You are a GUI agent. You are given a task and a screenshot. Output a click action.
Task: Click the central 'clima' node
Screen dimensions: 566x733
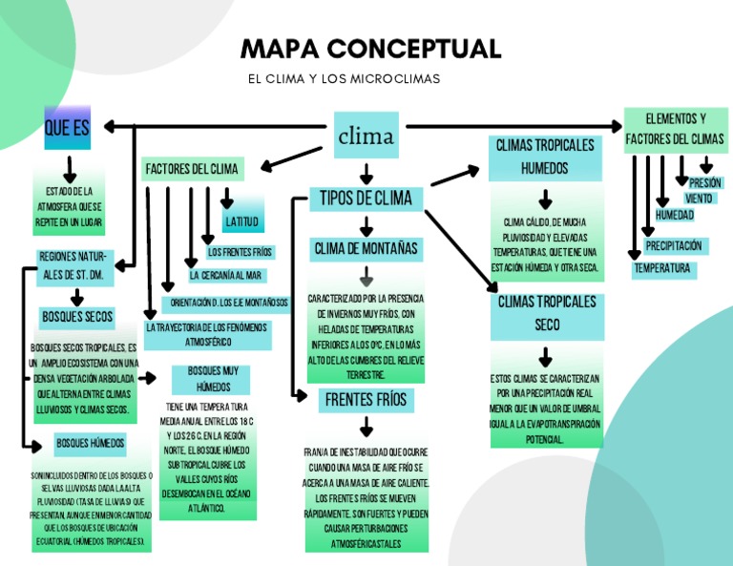(x=366, y=136)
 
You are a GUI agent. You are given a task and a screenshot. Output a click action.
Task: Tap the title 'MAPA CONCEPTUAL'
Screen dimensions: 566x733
(x=370, y=49)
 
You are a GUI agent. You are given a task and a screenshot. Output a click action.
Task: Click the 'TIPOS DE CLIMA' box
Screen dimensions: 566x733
(x=366, y=198)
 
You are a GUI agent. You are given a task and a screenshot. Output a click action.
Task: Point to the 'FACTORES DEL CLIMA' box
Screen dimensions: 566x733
(x=192, y=169)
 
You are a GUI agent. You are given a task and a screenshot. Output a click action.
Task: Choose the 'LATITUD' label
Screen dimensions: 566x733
(x=241, y=221)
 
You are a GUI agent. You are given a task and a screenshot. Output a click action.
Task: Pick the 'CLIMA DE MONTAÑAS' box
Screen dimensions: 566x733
(x=366, y=249)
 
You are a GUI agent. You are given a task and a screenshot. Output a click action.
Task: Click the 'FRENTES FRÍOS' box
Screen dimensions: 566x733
(x=366, y=399)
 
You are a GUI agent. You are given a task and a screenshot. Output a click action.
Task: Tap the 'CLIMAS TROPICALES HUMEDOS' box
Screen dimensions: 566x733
(x=545, y=157)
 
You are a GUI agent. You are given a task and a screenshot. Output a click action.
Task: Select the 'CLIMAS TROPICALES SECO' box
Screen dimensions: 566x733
(x=547, y=314)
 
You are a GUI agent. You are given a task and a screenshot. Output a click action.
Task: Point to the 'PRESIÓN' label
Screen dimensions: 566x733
(x=705, y=182)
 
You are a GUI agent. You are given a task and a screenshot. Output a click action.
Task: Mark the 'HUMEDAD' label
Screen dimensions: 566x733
(x=674, y=215)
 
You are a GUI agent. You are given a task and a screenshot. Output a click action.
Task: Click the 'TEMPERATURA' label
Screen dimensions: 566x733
(x=662, y=269)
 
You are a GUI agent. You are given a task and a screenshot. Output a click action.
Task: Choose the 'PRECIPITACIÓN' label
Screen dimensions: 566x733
(x=674, y=246)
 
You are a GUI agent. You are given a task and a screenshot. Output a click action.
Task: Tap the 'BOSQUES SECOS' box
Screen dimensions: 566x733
(x=77, y=316)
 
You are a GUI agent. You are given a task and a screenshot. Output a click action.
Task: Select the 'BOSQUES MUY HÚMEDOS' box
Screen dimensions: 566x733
(x=212, y=379)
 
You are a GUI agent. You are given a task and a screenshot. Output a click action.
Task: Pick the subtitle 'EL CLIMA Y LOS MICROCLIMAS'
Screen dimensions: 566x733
(x=344, y=78)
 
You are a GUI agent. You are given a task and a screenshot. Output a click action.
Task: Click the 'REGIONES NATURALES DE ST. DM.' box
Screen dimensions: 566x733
(x=75, y=266)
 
